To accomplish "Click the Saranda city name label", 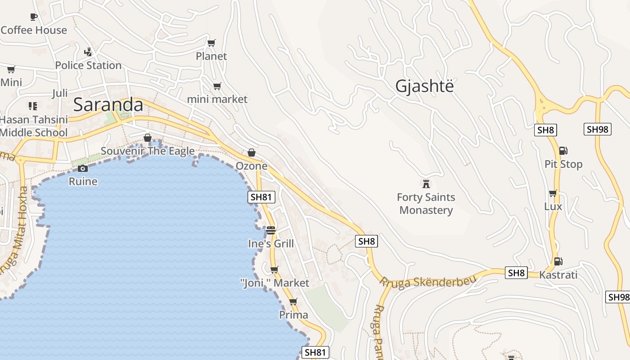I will pyautogui.click(x=108, y=104).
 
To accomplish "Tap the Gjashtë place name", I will pyautogui.click(x=424, y=86).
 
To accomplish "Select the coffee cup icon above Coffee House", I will pyautogui.click(x=33, y=17).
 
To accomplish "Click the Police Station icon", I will pyautogui.click(x=88, y=52).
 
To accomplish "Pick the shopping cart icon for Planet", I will pyautogui.click(x=211, y=43).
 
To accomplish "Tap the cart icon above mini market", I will pyautogui.click(x=217, y=86).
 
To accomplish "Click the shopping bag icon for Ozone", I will pyautogui.click(x=252, y=153).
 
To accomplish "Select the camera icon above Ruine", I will pyautogui.click(x=83, y=169).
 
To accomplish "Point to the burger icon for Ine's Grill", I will pyautogui.click(x=270, y=230).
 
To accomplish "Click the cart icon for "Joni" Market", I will pyautogui.click(x=274, y=270).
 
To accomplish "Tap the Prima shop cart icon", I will pyautogui.click(x=293, y=301).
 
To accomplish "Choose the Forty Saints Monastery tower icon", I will pyautogui.click(x=426, y=184).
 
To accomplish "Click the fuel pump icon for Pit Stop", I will pyautogui.click(x=563, y=151).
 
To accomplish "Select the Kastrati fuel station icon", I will pyautogui.click(x=558, y=261).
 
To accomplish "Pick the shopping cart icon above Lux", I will pyautogui.click(x=553, y=193).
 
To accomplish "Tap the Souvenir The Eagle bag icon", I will pyautogui.click(x=147, y=138).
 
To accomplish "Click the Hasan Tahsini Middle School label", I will pyautogui.click(x=34, y=126).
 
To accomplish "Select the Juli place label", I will pyautogui.click(x=60, y=93).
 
